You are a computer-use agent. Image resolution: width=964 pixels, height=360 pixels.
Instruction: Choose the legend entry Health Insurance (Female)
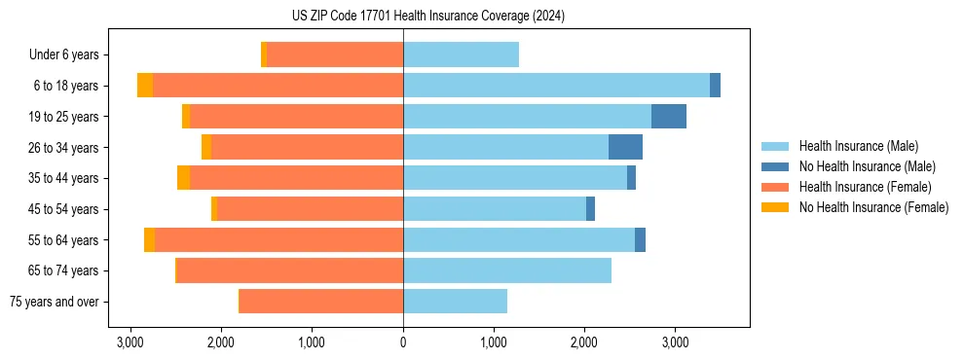(x=865, y=187)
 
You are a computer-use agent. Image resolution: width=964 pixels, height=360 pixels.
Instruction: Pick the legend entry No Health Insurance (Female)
(x=872, y=207)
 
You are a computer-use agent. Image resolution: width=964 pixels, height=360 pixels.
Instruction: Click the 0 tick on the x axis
(x=403, y=342)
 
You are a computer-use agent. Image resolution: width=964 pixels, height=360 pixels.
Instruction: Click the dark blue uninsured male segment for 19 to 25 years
(x=669, y=117)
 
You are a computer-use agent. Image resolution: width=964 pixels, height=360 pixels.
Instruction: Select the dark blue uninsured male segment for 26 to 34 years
(x=625, y=147)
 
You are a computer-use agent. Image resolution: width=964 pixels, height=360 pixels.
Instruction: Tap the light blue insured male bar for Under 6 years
(x=461, y=55)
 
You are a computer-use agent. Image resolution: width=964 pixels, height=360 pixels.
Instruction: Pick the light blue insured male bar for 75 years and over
(x=455, y=302)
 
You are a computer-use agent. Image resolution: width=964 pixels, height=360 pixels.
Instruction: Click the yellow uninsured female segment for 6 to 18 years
(x=145, y=86)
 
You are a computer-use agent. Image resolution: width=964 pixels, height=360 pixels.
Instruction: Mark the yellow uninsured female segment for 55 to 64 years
(x=149, y=239)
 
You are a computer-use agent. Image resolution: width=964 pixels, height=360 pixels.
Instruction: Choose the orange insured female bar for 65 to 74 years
(x=290, y=270)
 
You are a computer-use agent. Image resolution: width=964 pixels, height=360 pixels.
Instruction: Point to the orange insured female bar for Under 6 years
(x=335, y=55)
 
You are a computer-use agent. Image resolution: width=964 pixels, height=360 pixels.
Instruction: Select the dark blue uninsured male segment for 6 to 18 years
(x=715, y=86)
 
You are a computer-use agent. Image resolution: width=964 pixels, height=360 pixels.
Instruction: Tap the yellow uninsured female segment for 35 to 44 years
(x=183, y=178)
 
